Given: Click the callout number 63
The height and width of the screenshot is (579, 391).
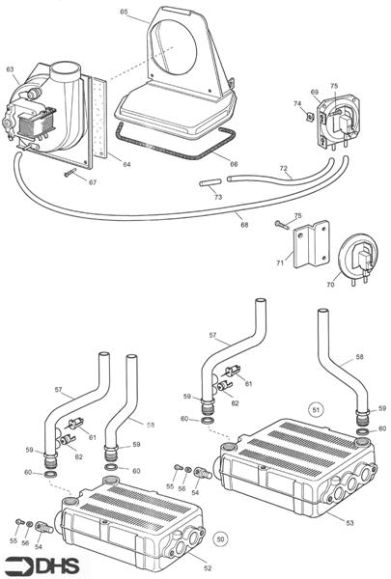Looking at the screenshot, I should coord(10,69).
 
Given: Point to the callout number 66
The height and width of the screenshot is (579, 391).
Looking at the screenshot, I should coord(233,165).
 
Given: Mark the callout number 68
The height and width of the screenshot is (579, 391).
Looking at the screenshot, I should coord(244,225).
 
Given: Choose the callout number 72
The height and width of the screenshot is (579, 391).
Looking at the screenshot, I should coord(284,169).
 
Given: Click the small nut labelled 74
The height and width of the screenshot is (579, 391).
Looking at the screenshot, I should coord(309,117).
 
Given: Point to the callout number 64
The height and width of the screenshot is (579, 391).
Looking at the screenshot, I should coord(126,164).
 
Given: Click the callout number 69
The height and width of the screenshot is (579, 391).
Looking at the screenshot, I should coord(314,93).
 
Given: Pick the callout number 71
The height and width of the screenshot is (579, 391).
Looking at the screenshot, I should coord(280,262).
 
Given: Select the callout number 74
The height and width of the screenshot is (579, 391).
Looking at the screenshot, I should coord(297,102).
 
